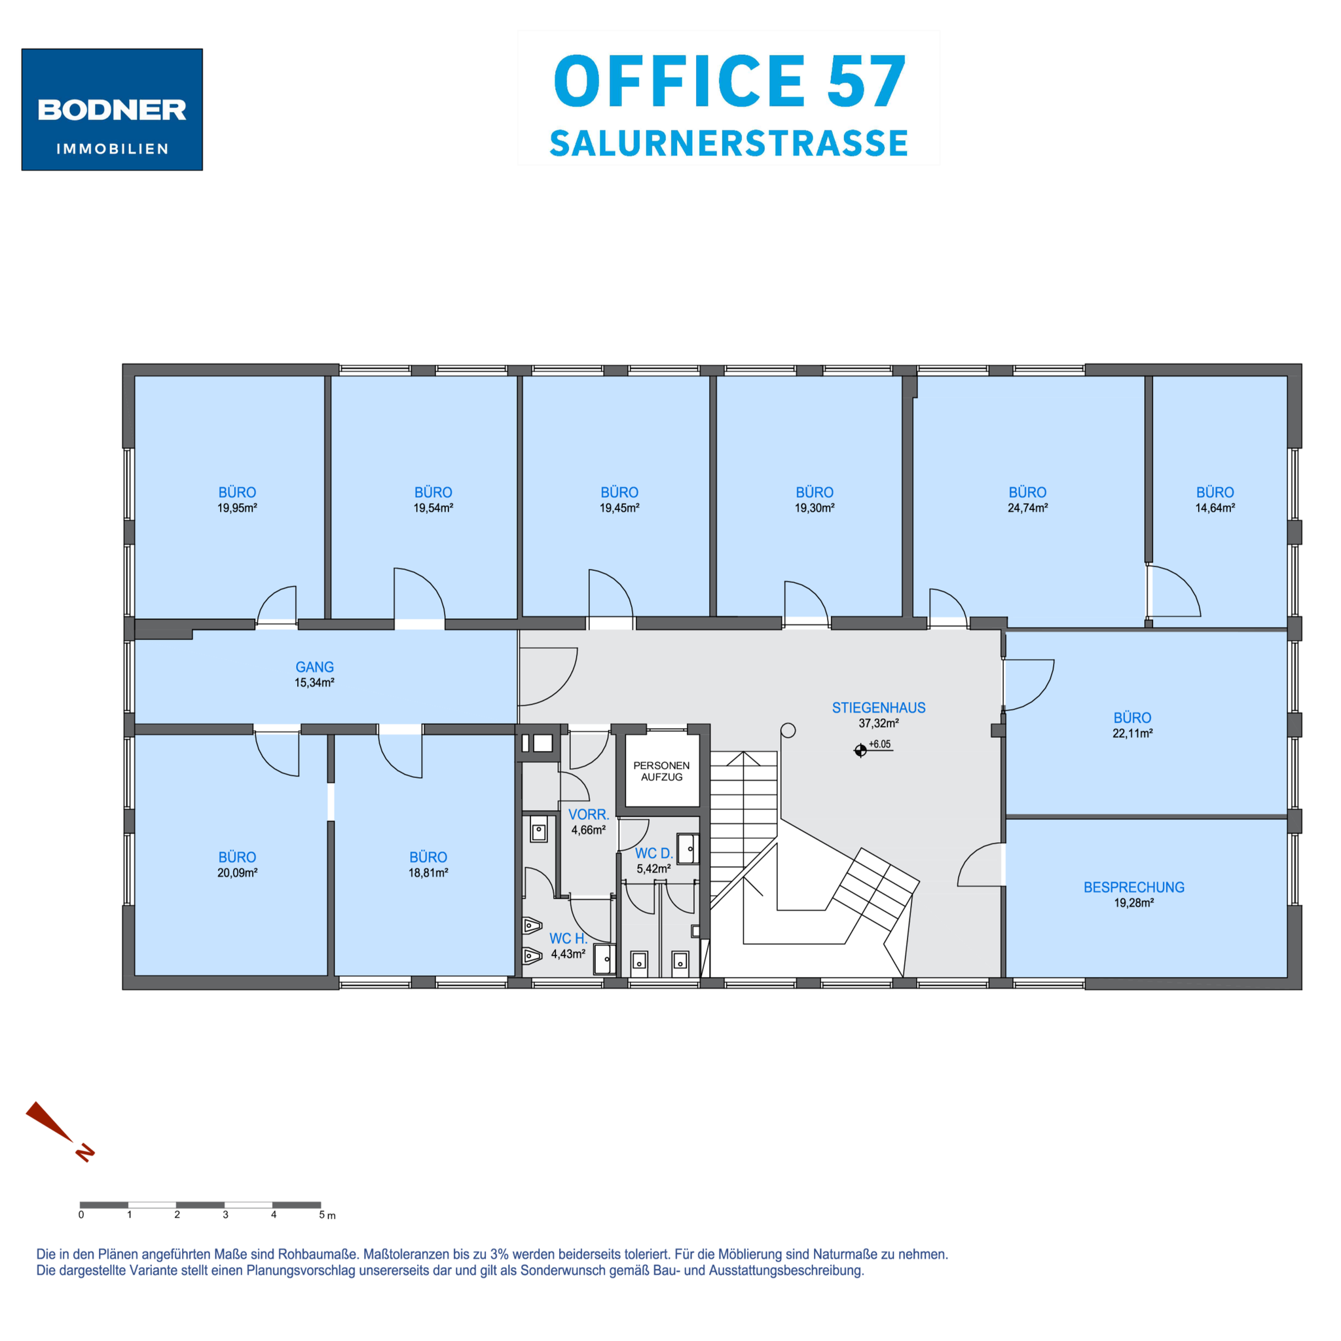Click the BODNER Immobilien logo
[112, 109]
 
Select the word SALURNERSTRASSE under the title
[729, 143]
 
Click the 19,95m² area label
[238, 508]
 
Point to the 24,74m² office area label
[1027, 508]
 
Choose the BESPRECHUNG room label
[1133, 887]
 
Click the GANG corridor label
[314, 667]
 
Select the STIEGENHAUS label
[879, 708]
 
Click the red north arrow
[59, 1131]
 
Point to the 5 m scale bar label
[327, 1215]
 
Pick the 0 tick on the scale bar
[81, 1215]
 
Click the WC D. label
[654, 854]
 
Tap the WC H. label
[568, 938]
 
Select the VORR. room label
[589, 814]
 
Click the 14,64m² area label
[1215, 508]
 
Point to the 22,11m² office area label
[1132, 733]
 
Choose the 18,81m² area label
[428, 873]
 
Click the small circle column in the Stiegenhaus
[788, 730]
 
